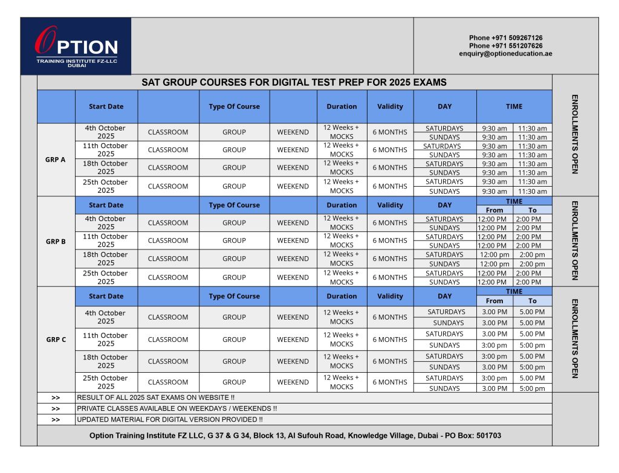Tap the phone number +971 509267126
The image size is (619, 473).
[505, 37]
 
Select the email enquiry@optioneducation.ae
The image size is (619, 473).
[505, 54]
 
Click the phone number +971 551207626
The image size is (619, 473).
[505, 46]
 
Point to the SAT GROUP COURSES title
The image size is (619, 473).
[294, 82]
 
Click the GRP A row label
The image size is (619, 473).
[56, 159]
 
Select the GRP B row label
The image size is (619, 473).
[56, 242]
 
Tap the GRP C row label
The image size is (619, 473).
[56, 339]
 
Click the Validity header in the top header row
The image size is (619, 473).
[390, 106]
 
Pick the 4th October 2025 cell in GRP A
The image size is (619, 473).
[106, 132]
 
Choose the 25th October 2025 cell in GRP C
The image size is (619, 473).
[106, 382]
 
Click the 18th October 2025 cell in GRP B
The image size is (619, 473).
[106, 259]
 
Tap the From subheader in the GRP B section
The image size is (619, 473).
[494, 210]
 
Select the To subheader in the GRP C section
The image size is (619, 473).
[532, 301]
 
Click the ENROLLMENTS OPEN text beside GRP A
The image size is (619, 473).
[575, 134]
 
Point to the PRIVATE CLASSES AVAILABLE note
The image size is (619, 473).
[177, 408]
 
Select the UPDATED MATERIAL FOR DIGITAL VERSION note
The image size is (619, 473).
[169, 419]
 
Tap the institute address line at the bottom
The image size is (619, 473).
[294, 436]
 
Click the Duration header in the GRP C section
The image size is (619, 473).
[342, 296]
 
